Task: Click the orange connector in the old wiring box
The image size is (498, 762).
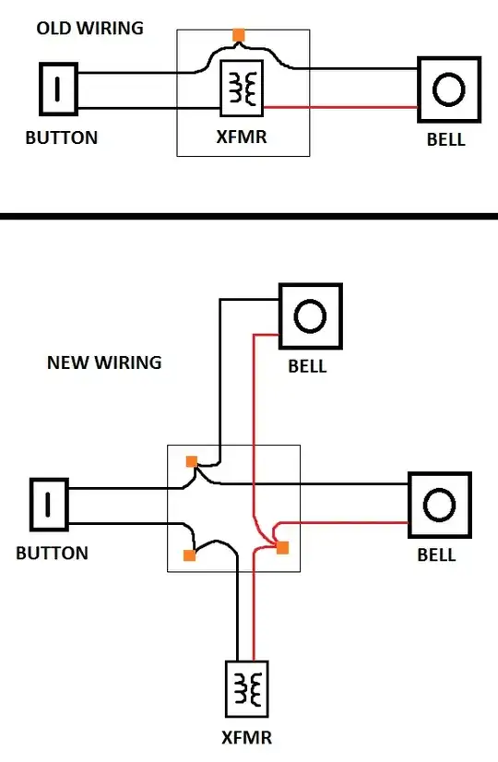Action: pos(239,35)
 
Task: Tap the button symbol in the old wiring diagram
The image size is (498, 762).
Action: pos(58,89)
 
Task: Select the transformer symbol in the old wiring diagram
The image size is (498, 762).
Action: pos(242,88)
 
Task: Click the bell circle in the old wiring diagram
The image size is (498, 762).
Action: pos(449,89)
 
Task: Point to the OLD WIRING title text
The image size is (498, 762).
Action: pos(89,29)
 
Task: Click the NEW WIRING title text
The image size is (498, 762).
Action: pos(104,363)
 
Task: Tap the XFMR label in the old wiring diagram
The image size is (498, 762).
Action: pos(242,137)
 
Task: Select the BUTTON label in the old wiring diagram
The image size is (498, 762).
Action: pos(61,137)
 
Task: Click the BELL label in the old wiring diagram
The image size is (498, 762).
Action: pos(446,139)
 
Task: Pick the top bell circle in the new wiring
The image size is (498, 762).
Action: pos(310,316)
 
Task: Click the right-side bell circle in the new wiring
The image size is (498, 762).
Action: pos(439,505)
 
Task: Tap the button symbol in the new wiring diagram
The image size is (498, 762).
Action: pos(49,505)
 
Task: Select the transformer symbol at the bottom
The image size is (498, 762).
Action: pos(247,688)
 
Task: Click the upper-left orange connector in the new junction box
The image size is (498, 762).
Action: pos(192,461)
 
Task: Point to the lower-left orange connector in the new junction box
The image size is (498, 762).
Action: pos(189,555)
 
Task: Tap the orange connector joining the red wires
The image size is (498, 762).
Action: pos(282,548)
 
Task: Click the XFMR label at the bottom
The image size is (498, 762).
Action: pos(246,738)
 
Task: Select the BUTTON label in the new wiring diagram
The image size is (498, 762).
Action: pos(52,553)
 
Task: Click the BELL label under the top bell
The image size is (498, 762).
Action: pos(307,366)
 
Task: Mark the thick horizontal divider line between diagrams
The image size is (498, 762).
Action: pos(249,216)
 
